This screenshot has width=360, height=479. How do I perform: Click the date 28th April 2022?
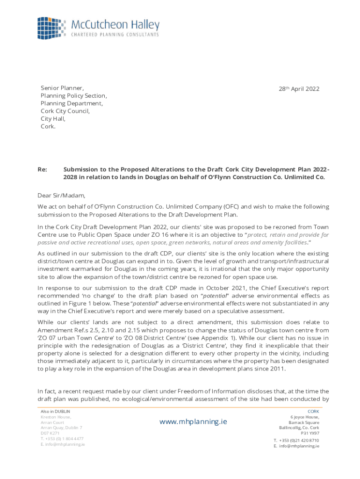[299, 89]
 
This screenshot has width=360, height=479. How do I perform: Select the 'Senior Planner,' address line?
[62, 88]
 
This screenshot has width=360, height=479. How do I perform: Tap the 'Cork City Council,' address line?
[65, 111]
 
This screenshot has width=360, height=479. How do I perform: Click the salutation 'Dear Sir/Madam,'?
[62, 196]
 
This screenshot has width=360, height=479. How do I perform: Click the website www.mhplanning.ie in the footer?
[193, 421]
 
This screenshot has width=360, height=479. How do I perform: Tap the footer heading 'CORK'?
[313, 411]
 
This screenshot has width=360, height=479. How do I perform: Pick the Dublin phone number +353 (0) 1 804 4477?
[62, 439]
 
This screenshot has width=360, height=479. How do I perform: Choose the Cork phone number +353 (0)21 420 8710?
[296, 441]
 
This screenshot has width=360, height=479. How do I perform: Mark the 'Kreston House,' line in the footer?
[56, 417]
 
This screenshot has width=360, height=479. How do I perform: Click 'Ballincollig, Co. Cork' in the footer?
[299, 428]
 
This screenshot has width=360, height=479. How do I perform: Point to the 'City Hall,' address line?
[53, 119]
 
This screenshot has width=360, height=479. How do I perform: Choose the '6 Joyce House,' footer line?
[305, 417]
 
